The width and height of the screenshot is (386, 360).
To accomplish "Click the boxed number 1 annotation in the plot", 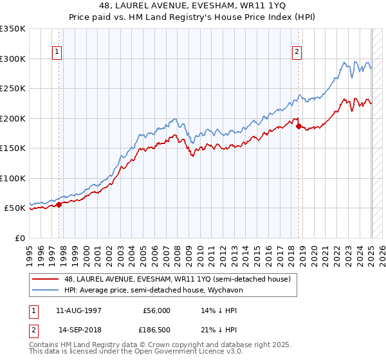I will click(57, 53).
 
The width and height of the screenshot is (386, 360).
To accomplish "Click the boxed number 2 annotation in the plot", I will click(297, 53).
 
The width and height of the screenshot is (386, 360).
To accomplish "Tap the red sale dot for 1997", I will click(59, 205).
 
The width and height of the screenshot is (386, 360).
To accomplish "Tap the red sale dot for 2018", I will click(299, 127).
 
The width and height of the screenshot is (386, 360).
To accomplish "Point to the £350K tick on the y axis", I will click(13, 29).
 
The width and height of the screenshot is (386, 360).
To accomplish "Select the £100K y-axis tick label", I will click(13, 179).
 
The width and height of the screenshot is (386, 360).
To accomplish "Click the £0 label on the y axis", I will click(19, 239).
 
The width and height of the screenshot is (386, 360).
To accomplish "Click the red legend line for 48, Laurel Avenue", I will click(46, 279).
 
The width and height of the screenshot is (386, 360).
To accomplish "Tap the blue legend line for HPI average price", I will click(46, 290).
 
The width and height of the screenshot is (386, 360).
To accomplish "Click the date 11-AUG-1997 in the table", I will click(80, 310).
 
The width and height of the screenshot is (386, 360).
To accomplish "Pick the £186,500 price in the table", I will click(157, 329).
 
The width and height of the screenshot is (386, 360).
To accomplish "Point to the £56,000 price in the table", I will click(157, 310).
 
